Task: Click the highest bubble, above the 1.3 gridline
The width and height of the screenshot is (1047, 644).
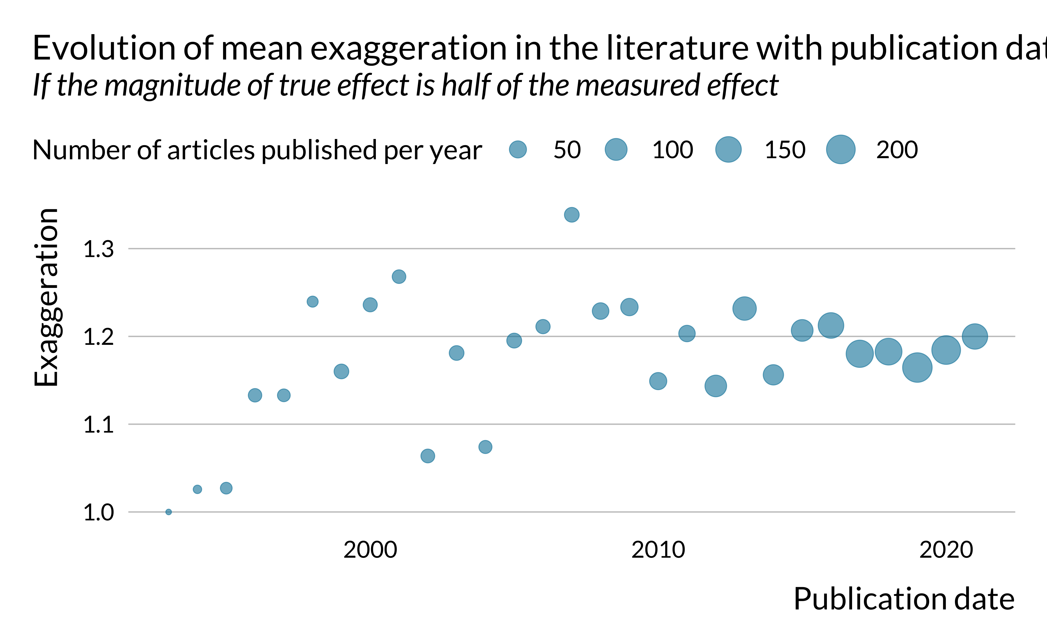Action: tap(572, 215)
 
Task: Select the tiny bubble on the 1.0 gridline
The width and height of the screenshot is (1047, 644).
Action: tap(169, 512)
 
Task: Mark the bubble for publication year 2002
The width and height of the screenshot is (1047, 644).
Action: tap(427, 456)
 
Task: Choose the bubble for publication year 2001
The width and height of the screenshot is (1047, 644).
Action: tap(399, 276)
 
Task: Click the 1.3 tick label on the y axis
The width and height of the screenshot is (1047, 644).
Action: tap(99, 249)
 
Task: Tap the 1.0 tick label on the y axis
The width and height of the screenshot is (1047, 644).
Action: tap(99, 513)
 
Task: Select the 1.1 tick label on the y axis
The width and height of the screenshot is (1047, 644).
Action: tap(99, 425)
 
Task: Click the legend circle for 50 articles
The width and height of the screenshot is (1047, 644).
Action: tap(518, 149)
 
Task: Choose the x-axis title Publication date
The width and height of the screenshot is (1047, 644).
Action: tap(903, 599)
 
